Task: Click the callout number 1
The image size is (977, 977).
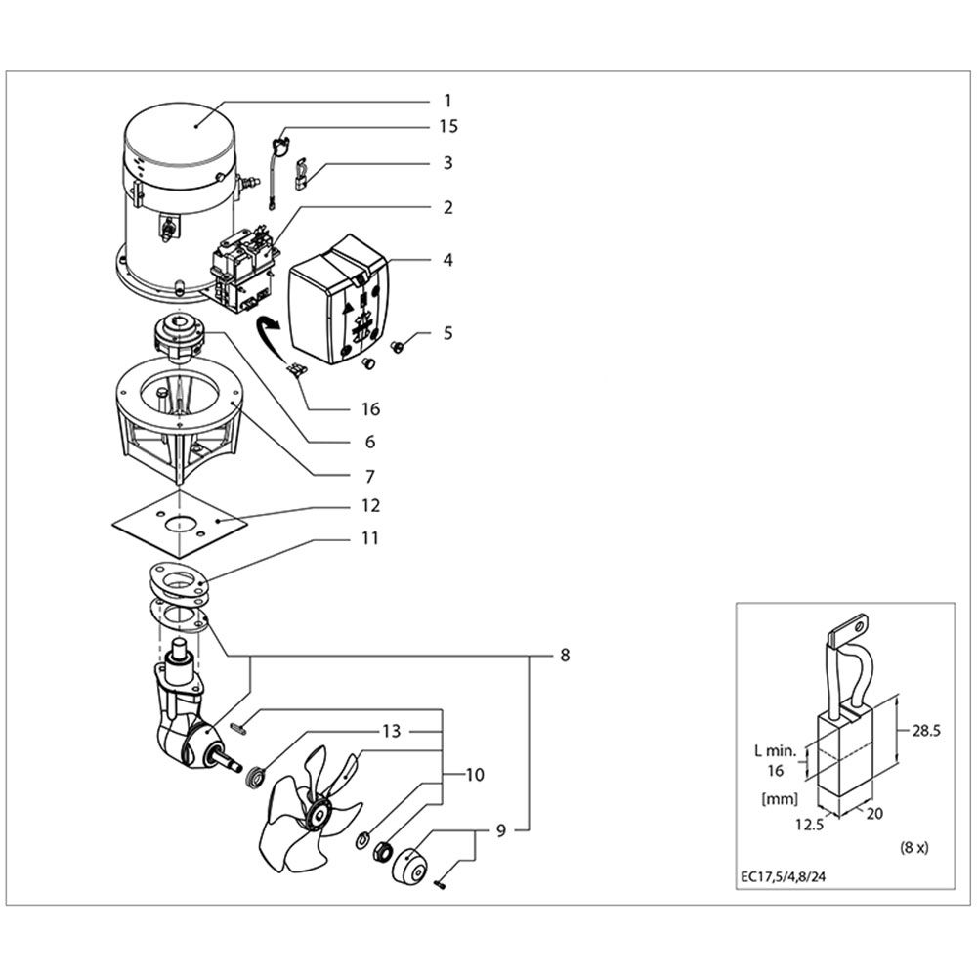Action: pyautogui.click(x=447, y=100)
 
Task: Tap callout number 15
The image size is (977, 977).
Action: pyautogui.click(x=447, y=126)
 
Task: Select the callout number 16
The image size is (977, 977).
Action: pyautogui.click(x=370, y=409)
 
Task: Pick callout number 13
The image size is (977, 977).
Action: pyautogui.click(x=392, y=731)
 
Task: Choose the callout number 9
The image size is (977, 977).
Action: pyautogui.click(x=500, y=831)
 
